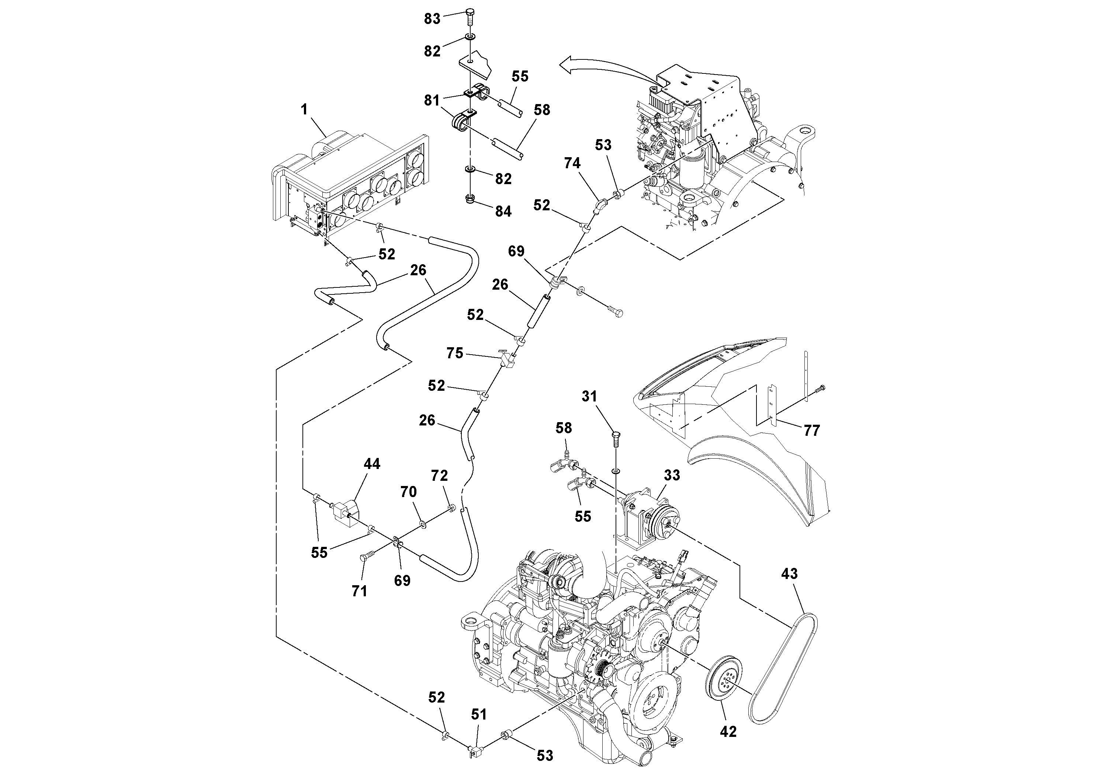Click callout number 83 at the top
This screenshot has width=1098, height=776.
pos(432,19)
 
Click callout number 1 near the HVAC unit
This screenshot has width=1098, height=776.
pos(304,110)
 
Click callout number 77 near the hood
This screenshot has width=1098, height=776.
pos(811,431)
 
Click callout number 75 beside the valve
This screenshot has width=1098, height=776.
pos(455,353)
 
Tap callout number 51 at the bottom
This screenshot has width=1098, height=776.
pos(479,714)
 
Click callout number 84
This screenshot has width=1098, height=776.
pos(503,211)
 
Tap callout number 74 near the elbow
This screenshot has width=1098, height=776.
pos(572,163)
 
